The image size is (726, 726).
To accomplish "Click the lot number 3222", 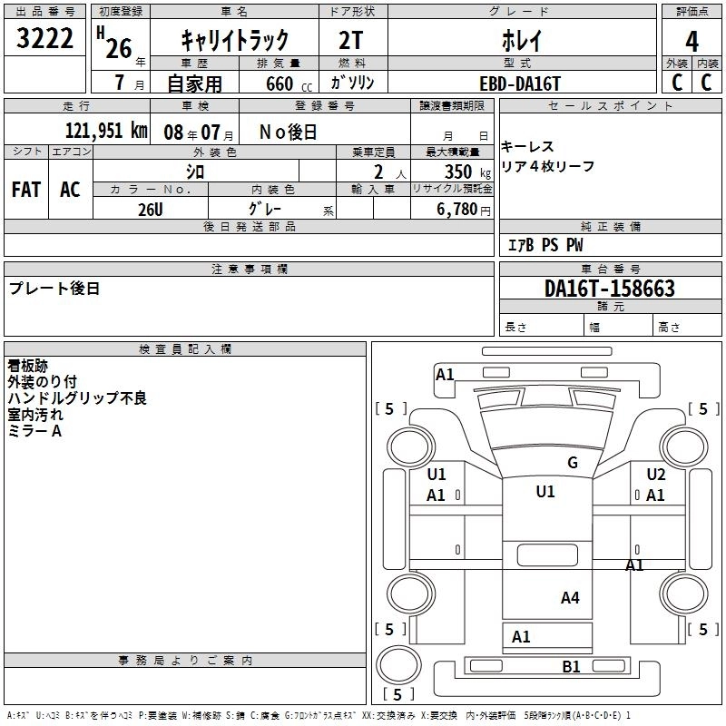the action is (x=44, y=38).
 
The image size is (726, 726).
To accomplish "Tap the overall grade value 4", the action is (x=692, y=41).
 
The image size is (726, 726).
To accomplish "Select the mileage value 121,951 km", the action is (x=106, y=131).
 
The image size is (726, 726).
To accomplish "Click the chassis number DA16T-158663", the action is (x=610, y=289).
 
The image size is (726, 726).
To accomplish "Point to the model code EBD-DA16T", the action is (x=520, y=83).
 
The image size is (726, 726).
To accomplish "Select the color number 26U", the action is (x=151, y=210).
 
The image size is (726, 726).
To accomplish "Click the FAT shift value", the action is (x=26, y=190).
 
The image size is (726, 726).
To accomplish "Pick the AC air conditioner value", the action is (x=70, y=190).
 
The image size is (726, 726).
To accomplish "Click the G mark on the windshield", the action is (x=573, y=462).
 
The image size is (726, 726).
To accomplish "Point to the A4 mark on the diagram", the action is (x=570, y=598).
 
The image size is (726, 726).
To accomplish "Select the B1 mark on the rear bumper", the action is (x=571, y=667).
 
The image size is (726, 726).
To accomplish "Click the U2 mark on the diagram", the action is (x=655, y=474).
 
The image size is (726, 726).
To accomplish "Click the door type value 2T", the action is (x=351, y=41).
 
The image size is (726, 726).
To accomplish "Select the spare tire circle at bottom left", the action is (x=398, y=665).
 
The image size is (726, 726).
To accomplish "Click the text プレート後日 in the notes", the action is (x=54, y=289).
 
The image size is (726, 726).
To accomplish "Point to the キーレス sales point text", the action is (x=527, y=147).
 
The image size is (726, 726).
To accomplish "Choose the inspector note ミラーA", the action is (x=34, y=431).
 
